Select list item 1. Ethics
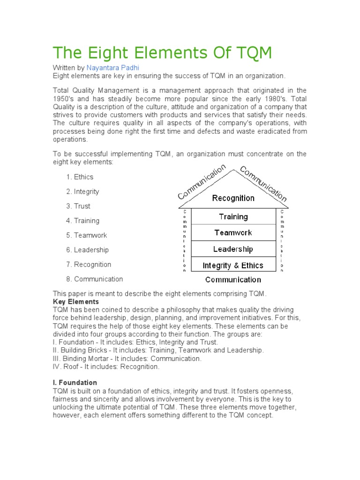pyautogui.click(x=80, y=177)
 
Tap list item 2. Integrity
pyautogui.click(x=82, y=191)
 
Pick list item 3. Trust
pyautogui.click(x=78, y=206)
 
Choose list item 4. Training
pyautogui.click(x=82, y=220)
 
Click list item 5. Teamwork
pyautogui.click(x=86, y=235)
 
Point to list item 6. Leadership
pyautogui.click(x=87, y=250)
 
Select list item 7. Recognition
pyautogui.click(x=89, y=264)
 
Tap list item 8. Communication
pyautogui.click(x=94, y=279)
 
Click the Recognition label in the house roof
pyautogui.click(x=233, y=198)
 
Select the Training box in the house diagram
pyautogui.click(x=233, y=217)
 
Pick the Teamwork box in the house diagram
pyautogui.click(x=233, y=232)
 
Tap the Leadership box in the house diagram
pyautogui.click(x=233, y=249)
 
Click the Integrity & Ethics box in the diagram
pyautogui.click(x=233, y=265)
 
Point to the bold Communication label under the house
pyautogui.click(x=233, y=280)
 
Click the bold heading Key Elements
pyautogui.click(x=75, y=302)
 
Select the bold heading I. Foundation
pyautogui.click(x=75, y=382)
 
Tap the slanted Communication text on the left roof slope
pyautogui.click(x=202, y=181)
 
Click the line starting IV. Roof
pyautogui.click(x=106, y=367)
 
